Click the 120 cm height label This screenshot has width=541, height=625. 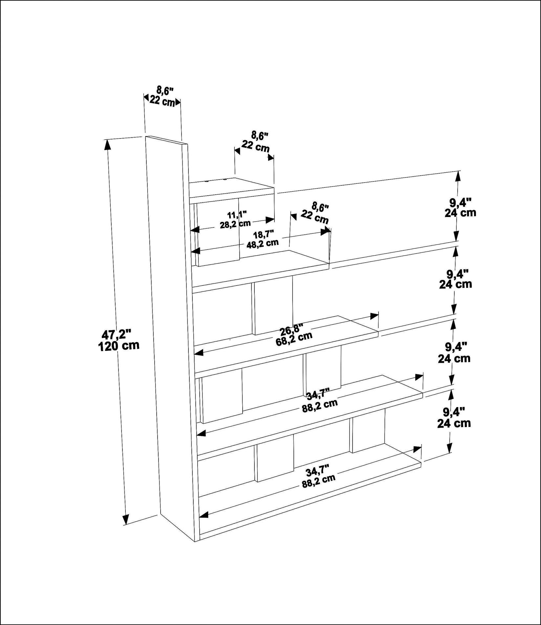click(119, 346)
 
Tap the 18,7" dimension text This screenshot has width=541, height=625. click(264, 234)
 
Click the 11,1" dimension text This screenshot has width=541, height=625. click(237, 215)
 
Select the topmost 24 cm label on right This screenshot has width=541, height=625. click(460, 213)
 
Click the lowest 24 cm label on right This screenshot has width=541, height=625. click(454, 423)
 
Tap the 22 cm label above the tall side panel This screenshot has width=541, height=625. click(162, 100)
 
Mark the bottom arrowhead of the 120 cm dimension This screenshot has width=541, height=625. click(125, 528)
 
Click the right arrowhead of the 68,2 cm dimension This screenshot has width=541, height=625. click(375, 316)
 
